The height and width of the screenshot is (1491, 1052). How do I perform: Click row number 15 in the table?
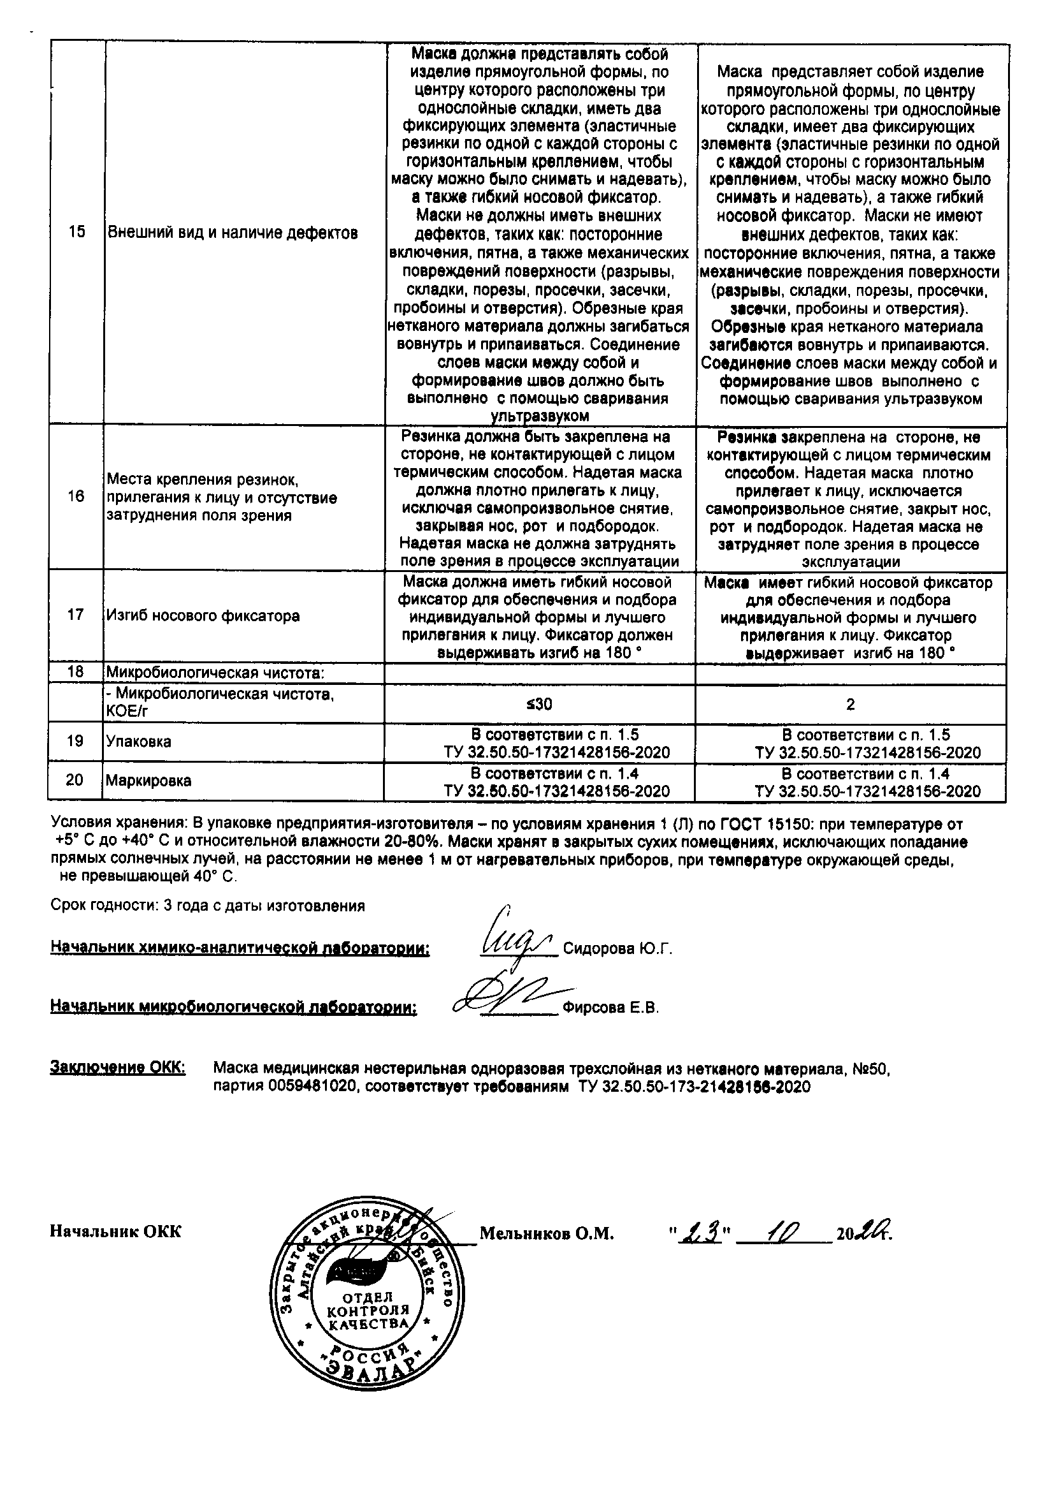coord(76,233)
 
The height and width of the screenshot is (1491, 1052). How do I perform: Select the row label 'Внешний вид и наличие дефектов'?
coord(232,233)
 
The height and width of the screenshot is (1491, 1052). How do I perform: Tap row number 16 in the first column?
coord(76,496)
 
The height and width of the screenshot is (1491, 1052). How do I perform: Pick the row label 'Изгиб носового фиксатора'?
coord(203,615)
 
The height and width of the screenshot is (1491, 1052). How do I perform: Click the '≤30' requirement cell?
coord(539,704)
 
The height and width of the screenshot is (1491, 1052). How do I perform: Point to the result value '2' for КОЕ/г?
coord(850,704)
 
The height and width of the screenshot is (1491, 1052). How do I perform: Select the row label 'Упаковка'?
coord(139,742)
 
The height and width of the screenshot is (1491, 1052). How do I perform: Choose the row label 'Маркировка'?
coord(148,781)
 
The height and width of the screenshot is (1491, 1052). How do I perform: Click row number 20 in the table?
coord(75,780)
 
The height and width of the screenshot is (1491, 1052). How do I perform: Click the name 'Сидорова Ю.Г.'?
coord(617,950)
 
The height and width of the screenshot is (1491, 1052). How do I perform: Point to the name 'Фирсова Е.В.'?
coord(610,1008)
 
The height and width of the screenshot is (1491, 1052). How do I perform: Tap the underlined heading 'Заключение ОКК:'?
coord(117,1068)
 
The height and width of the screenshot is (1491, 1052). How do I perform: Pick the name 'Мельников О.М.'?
coord(547,1233)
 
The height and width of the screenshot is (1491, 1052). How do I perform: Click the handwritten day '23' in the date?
coord(700,1232)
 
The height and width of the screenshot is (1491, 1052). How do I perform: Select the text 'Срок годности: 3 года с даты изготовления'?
coord(208,906)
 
